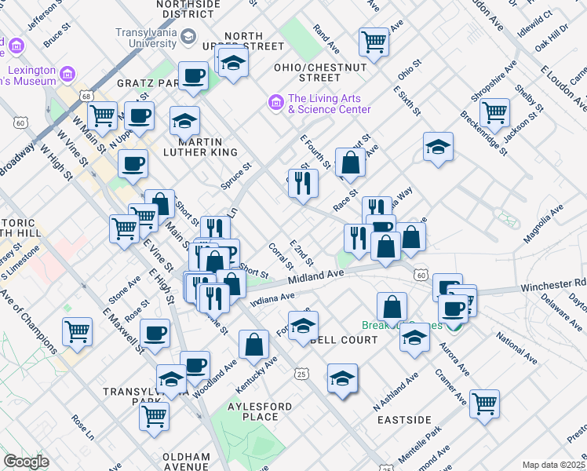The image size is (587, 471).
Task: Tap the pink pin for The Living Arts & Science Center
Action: [x=275, y=102]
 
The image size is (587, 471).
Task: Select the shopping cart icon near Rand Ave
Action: [x=374, y=42]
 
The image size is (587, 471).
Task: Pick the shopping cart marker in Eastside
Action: [x=485, y=403]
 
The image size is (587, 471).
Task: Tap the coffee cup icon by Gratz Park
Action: [x=193, y=76]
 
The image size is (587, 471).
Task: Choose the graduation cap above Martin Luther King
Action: [x=184, y=120]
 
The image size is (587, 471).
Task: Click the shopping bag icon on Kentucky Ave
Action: [x=253, y=343]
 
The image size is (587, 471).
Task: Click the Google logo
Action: [x=26, y=462]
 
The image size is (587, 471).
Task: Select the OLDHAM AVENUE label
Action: [x=186, y=461]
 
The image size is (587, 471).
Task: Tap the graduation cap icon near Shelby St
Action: [x=438, y=145]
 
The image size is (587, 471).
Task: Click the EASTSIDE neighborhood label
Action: [x=404, y=420]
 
